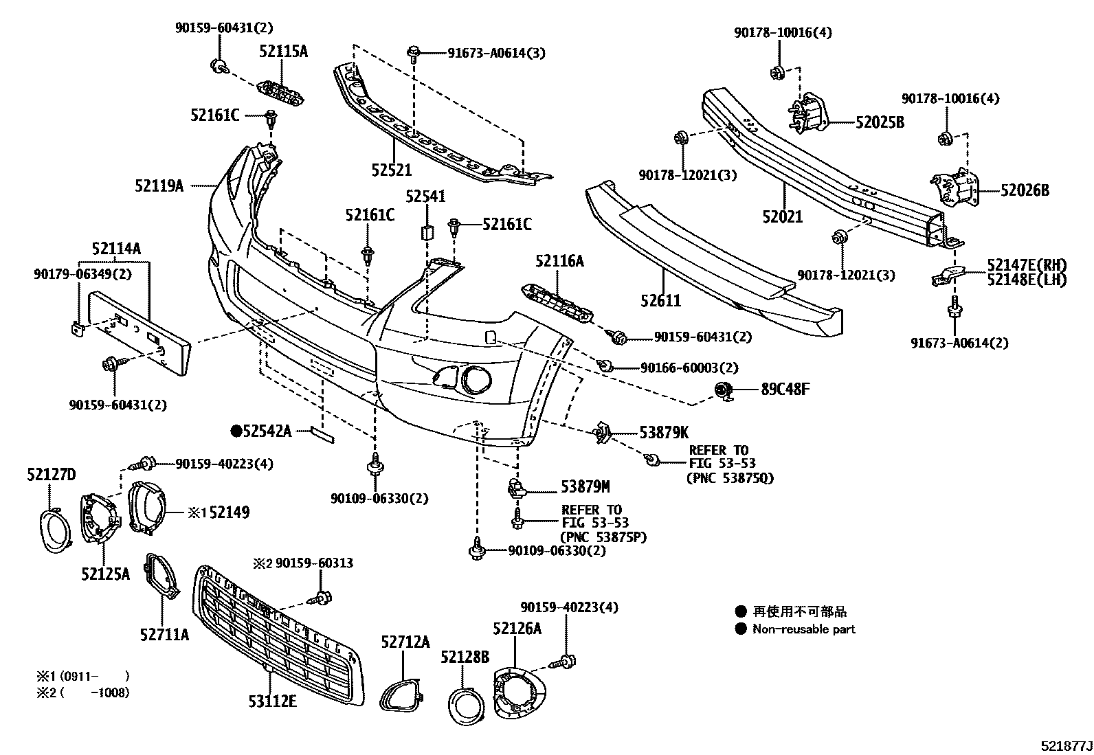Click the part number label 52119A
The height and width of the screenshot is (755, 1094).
(x=159, y=185)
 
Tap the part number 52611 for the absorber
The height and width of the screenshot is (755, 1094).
(x=660, y=300)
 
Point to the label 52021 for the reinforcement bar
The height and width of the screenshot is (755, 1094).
(x=782, y=217)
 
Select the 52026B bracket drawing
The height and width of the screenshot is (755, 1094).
(x=955, y=187)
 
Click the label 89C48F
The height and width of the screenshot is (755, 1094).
(x=785, y=390)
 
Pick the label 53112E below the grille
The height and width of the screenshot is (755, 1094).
(x=273, y=701)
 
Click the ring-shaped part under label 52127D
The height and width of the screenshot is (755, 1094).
(x=52, y=530)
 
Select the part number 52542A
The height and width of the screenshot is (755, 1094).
(x=267, y=431)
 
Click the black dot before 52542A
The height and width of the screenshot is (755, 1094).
(x=236, y=431)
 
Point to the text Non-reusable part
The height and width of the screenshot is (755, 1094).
(x=803, y=629)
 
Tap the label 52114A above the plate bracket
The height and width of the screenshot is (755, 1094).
(x=116, y=249)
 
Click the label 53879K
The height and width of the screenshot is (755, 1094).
(x=663, y=432)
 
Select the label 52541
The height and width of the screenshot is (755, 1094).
(x=425, y=197)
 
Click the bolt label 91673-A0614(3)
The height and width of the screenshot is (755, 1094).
(x=496, y=53)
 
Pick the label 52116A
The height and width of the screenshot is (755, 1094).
(x=559, y=260)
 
